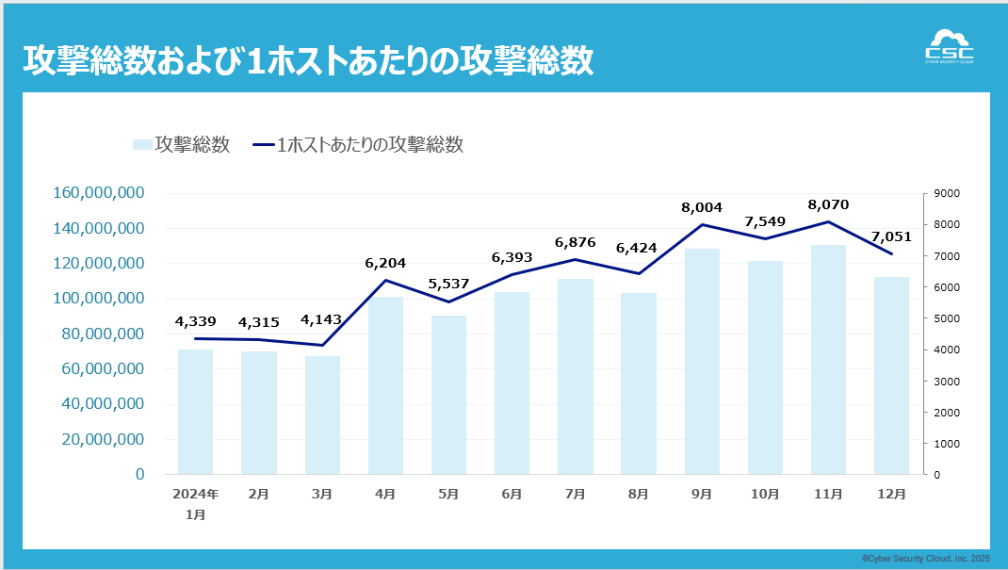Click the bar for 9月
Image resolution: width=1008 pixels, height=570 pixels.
tap(702, 362)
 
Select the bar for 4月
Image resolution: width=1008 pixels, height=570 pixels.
tap(385, 385)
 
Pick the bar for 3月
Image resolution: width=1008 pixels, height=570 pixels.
tap(322, 415)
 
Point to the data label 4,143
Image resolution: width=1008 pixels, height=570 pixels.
tap(322, 322)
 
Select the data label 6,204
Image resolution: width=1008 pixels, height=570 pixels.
tap(385, 263)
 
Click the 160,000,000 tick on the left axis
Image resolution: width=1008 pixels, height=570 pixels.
tap(99, 193)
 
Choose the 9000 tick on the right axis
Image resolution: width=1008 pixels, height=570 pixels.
tap(947, 193)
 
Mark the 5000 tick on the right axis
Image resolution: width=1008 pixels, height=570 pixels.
tap(947, 318)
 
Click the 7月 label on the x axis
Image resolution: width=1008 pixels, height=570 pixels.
tap(575, 494)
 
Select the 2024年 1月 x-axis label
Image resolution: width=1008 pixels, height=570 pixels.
tap(196, 503)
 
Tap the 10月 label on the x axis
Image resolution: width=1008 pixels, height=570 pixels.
tap(764, 494)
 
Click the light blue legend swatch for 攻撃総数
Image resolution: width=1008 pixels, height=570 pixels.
tap(141, 144)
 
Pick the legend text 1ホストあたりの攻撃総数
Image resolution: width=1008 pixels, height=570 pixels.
tap(370, 144)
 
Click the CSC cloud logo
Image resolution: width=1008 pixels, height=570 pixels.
tap(950, 46)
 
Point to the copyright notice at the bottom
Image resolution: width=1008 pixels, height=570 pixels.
tap(926, 559)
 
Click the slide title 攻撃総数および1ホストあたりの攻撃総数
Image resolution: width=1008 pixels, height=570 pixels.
tap(308, 59)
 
